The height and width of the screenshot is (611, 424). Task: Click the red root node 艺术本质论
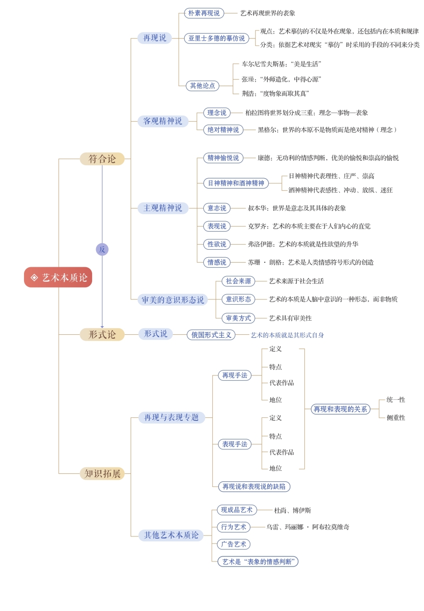point(58,277)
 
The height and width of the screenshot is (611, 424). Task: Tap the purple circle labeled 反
point(102,249)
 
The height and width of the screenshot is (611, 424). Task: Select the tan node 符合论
point(102,159)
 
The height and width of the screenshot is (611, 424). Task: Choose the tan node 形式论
point(102,334)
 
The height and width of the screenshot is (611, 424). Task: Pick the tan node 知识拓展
point(102,473)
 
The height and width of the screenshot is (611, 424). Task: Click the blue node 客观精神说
point(163,121)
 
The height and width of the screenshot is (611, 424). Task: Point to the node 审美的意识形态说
point(172,300)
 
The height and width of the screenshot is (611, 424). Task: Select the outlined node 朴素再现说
point(204,13)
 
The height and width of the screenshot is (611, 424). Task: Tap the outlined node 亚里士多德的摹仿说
point(216,38)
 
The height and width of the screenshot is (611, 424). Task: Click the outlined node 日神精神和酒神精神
point(236,183)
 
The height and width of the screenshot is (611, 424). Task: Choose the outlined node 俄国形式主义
point(211,335)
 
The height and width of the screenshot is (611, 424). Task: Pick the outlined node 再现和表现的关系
point(340,409)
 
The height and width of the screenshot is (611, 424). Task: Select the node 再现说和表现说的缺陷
point(254,486)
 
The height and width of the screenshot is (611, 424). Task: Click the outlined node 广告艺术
point(234,544)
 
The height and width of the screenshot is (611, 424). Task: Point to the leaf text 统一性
point(395,400)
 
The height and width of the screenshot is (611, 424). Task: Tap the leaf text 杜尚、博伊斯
point(292,510)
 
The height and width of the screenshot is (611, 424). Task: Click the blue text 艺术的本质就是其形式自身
point(287,335)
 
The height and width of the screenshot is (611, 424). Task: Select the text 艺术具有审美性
point(290,318)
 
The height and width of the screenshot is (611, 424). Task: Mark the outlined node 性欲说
point(217,244)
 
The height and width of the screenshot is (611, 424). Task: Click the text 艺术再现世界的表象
point(268,13)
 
